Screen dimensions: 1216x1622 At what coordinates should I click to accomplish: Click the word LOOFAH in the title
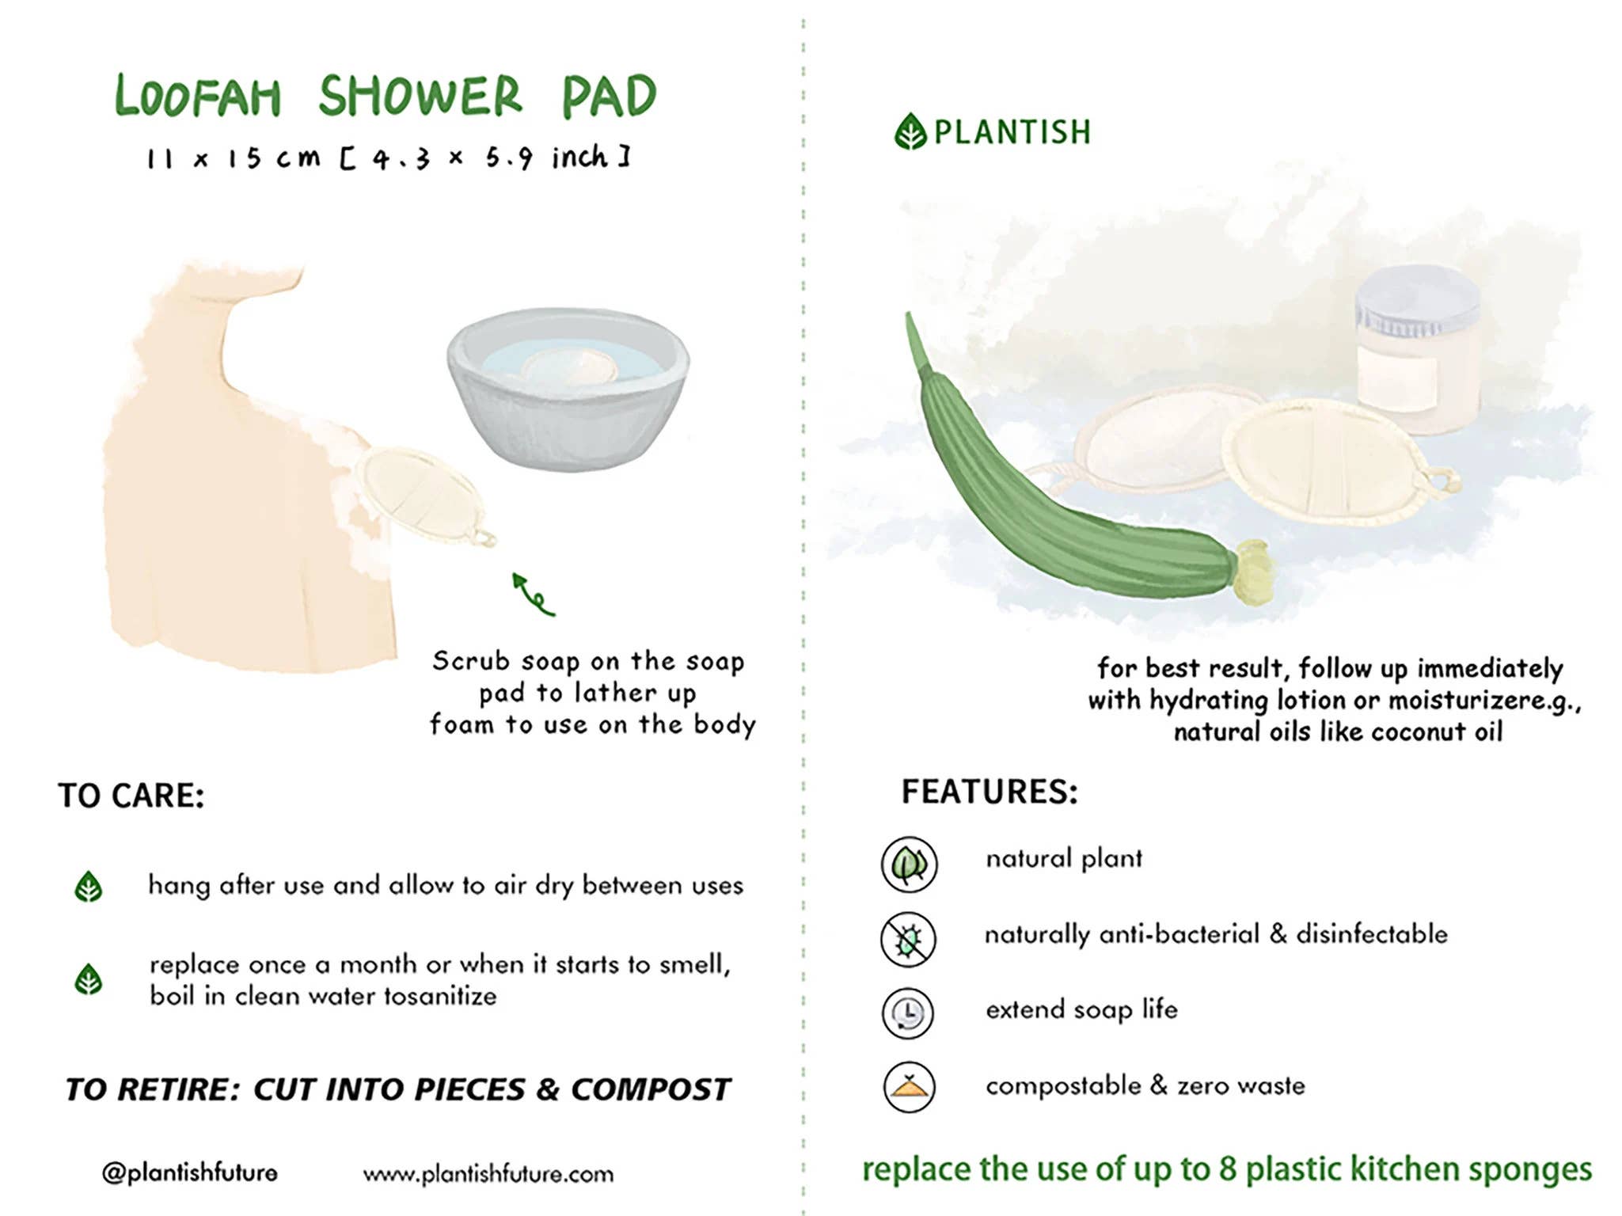click(198, 97)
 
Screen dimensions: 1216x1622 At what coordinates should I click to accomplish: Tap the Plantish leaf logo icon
click(910, 131)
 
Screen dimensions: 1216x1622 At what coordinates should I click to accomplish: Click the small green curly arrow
click(532, 594)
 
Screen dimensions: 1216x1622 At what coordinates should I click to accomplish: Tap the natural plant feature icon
click(909, 864)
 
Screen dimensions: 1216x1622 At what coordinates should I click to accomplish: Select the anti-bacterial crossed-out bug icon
click(909, 939)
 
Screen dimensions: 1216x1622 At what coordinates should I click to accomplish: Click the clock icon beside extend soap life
click(909, 1013)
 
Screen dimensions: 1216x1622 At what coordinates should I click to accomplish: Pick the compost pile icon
click(909, 1087)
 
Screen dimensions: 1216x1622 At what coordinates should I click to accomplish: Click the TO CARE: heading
click(131, 796)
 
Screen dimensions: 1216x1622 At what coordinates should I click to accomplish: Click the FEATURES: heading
click(990, 792)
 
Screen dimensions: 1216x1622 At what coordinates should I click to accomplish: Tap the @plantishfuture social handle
click(190, 1172)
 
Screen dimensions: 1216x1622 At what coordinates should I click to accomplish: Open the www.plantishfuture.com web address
click(488, 1174)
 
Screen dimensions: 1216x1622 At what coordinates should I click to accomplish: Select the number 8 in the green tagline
click(1228, 1169)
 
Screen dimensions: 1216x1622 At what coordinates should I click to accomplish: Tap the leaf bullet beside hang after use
click(89, 887)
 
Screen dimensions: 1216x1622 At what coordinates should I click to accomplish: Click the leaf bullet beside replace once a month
click(89, 979)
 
